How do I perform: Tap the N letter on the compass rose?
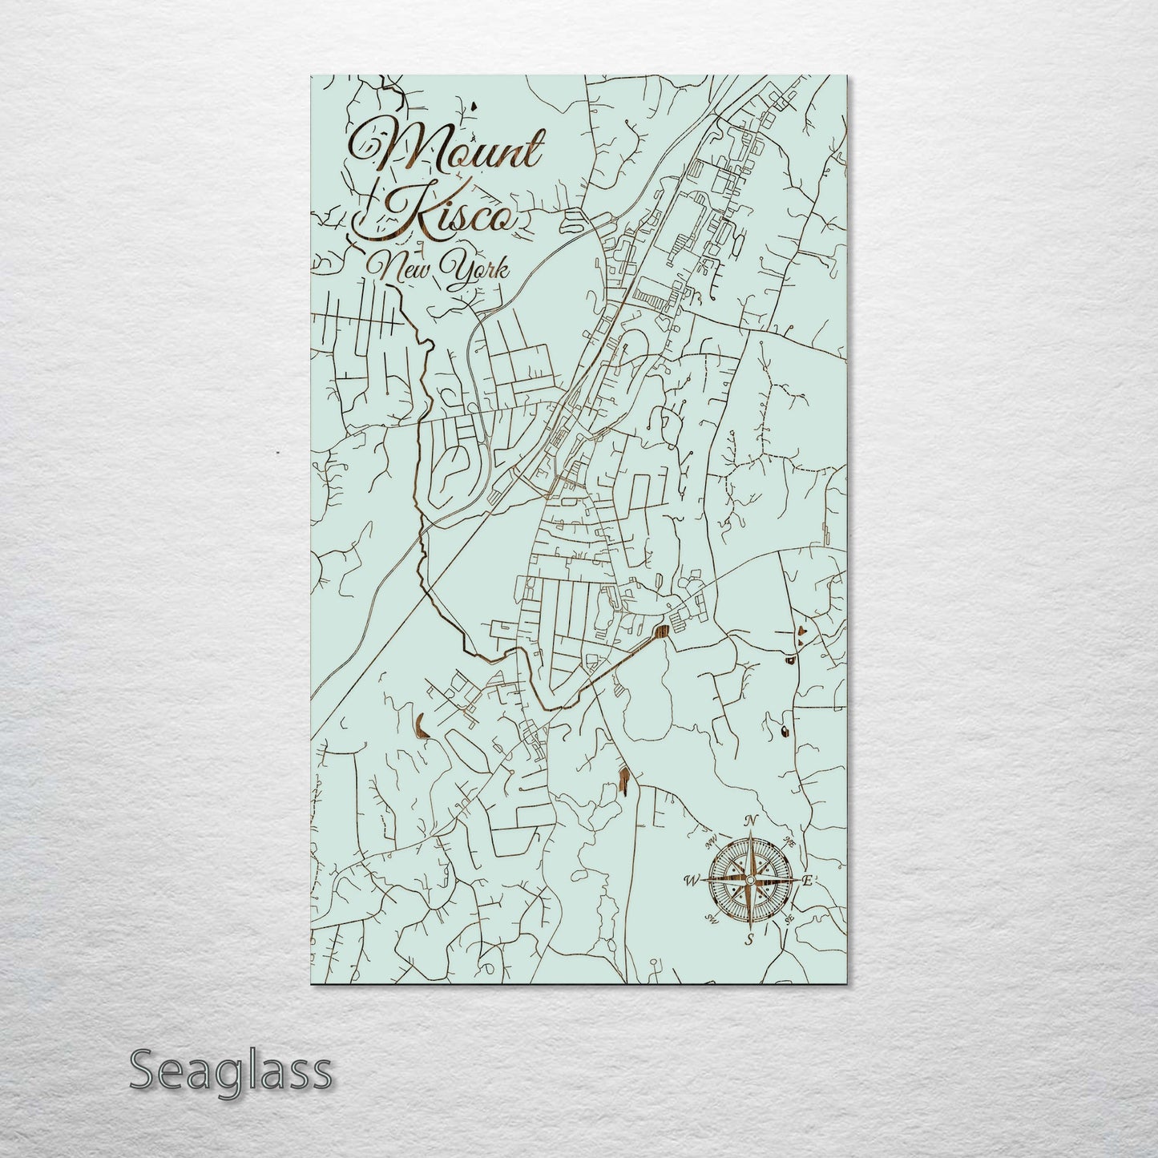[x=751, y=821]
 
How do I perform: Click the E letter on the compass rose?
[x=808, y=881]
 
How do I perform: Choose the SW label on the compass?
[x=710, y=918]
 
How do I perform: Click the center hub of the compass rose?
[x=750, y=880]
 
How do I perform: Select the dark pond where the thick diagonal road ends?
[x=662, y=631]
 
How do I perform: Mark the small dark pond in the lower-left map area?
[x=419, y=725]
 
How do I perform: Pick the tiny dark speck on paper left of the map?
[x=276, y=454]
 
